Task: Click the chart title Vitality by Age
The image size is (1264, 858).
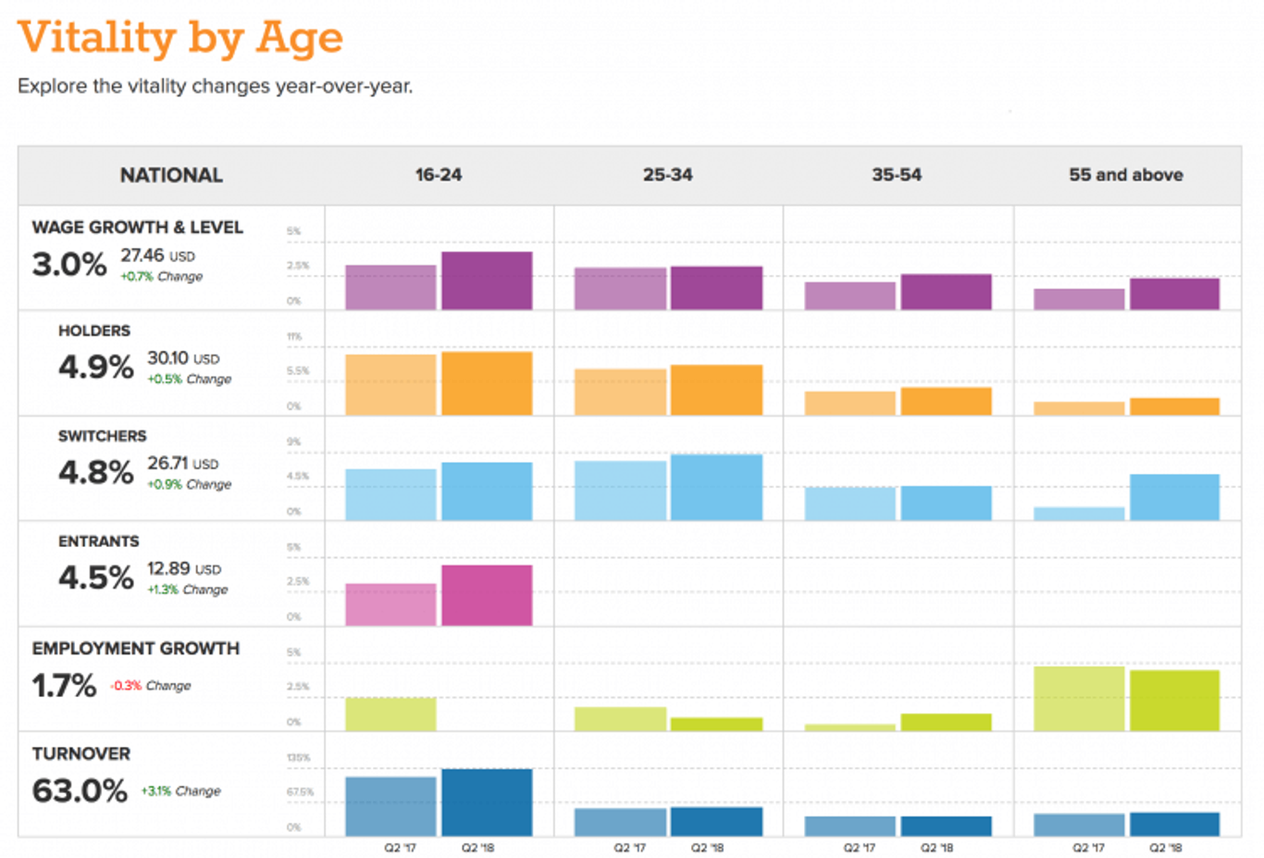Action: [x=180, y=38]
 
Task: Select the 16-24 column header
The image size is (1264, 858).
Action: [x=438, y=175]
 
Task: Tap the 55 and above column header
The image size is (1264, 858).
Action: [x=1125, y=175]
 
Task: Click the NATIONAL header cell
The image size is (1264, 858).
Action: [x=171, y=175]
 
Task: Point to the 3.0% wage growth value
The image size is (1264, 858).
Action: [x=69, y=265]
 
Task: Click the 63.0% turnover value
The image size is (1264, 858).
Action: [x=80, y=790]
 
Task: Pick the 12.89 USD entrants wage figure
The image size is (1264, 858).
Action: [x=183, y=569]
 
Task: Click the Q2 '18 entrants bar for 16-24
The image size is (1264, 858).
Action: [x=487, y=595]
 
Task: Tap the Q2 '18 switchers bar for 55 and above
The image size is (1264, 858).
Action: [x=1174, y=497]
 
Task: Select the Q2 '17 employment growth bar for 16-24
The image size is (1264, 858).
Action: [x=390, y=714]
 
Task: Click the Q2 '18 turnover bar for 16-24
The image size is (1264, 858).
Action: [x=487, y=802]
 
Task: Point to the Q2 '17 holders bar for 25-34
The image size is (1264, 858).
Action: [x=620, y=392]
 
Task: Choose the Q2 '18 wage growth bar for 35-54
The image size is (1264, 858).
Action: [x=946, y=292]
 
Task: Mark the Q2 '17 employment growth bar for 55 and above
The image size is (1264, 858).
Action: [x=1079, y=698]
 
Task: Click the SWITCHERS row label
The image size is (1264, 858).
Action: [x=102, y=436]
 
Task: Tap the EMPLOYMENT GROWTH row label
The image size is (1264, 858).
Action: [x=135, y=649]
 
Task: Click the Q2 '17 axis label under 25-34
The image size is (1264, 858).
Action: [x=629, y=848]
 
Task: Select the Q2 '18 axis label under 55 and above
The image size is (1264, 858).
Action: [x=1165, y=848]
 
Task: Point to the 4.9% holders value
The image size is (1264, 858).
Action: [x=95, y=367]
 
